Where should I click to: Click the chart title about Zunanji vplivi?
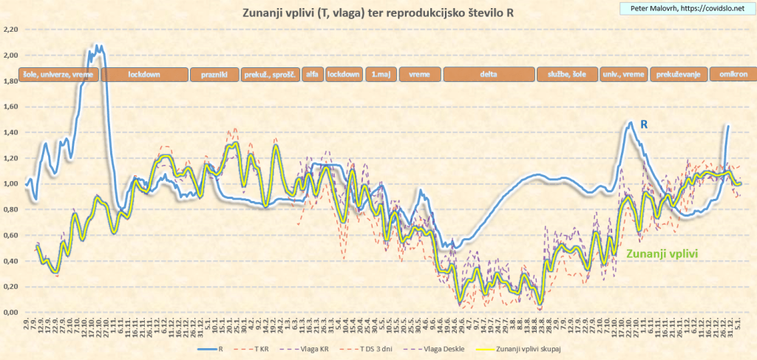[x=379, y=13]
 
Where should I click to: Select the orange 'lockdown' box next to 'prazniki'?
[x=143, y=75]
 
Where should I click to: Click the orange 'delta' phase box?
[x=488, y=75]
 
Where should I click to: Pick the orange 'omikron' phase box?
[x=730, y=75]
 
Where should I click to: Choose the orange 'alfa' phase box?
[x=313, y=75]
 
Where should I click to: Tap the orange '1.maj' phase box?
[x=381, y=75]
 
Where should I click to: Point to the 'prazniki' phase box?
[x=214, y=75]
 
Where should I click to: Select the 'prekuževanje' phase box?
[x=677, y=75]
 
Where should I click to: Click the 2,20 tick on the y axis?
[x=10, y=30]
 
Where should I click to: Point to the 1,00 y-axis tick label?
[x=10, y=184]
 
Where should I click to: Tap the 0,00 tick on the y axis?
[x=10, y=313]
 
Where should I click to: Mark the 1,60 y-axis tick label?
[x=10, y=107]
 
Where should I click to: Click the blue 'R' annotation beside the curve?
[x=644, y=126]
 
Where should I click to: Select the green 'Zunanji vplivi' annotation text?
[x=662, y=253]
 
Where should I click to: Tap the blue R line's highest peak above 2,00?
[x=98, y=46]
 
